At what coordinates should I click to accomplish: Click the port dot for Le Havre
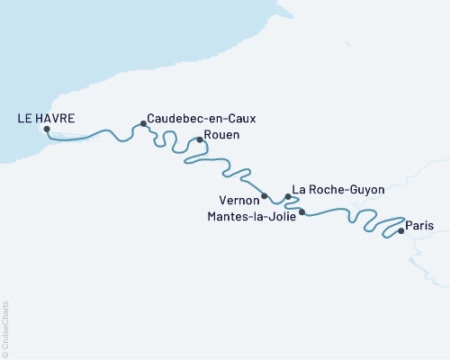point(47,129)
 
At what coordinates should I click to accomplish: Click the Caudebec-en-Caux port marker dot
point(143,123)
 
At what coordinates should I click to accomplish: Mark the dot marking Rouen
point(199,139)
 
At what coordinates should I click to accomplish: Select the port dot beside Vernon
point(264,195)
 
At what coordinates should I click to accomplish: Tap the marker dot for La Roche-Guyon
point(287,196)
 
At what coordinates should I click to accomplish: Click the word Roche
point(328,190)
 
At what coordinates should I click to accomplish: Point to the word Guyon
point(366,190)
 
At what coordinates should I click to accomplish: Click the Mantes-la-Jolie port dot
point(301,212)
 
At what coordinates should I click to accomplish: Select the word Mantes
point(226,216)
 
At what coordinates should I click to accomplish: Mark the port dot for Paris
point(400,230)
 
